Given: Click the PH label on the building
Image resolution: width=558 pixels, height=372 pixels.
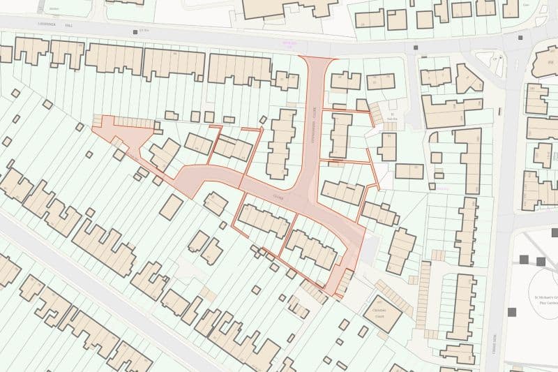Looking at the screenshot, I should (x=550, y=61).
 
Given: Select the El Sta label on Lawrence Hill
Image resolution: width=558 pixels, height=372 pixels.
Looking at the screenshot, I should (x=145, y=30).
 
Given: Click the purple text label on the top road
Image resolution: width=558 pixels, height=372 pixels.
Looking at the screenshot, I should (x=288, y=43).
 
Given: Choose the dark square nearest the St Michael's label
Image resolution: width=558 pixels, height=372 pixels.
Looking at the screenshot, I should (x=541, y=261).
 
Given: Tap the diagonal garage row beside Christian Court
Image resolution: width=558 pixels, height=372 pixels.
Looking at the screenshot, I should (x=394, y=290).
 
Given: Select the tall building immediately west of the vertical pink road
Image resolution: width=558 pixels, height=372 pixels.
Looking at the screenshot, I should (x=282, y=143).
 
